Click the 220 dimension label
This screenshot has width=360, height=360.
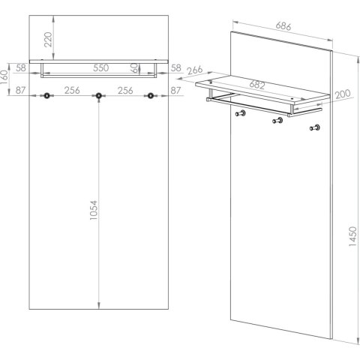48,40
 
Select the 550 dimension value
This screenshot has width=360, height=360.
101,67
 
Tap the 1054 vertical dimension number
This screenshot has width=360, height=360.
94,210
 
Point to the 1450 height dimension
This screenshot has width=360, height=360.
352,236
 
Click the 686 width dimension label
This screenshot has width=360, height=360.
283,26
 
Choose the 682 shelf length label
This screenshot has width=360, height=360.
257,85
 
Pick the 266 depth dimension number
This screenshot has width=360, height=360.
195,70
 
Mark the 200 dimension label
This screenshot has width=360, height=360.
343,94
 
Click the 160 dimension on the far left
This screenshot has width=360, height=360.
4,77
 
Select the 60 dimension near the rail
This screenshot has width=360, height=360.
134,67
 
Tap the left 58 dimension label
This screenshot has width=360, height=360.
21,67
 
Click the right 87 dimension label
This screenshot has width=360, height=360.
175,90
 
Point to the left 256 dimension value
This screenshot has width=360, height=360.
72,90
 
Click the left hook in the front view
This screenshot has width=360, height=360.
46,95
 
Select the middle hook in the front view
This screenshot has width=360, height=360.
99,95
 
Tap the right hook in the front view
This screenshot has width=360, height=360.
151,95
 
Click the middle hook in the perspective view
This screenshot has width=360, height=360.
277,121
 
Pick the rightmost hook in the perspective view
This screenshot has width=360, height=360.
315,127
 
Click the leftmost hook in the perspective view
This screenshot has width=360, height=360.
241,113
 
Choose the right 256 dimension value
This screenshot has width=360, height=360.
125,90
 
